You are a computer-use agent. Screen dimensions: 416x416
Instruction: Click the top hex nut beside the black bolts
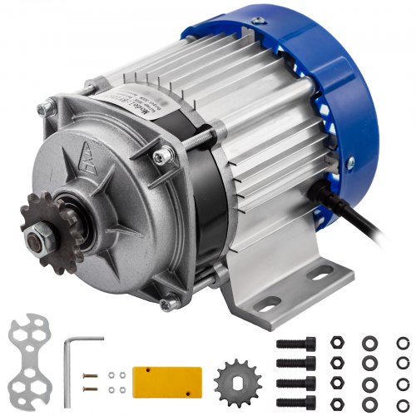(x=336, y=342)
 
